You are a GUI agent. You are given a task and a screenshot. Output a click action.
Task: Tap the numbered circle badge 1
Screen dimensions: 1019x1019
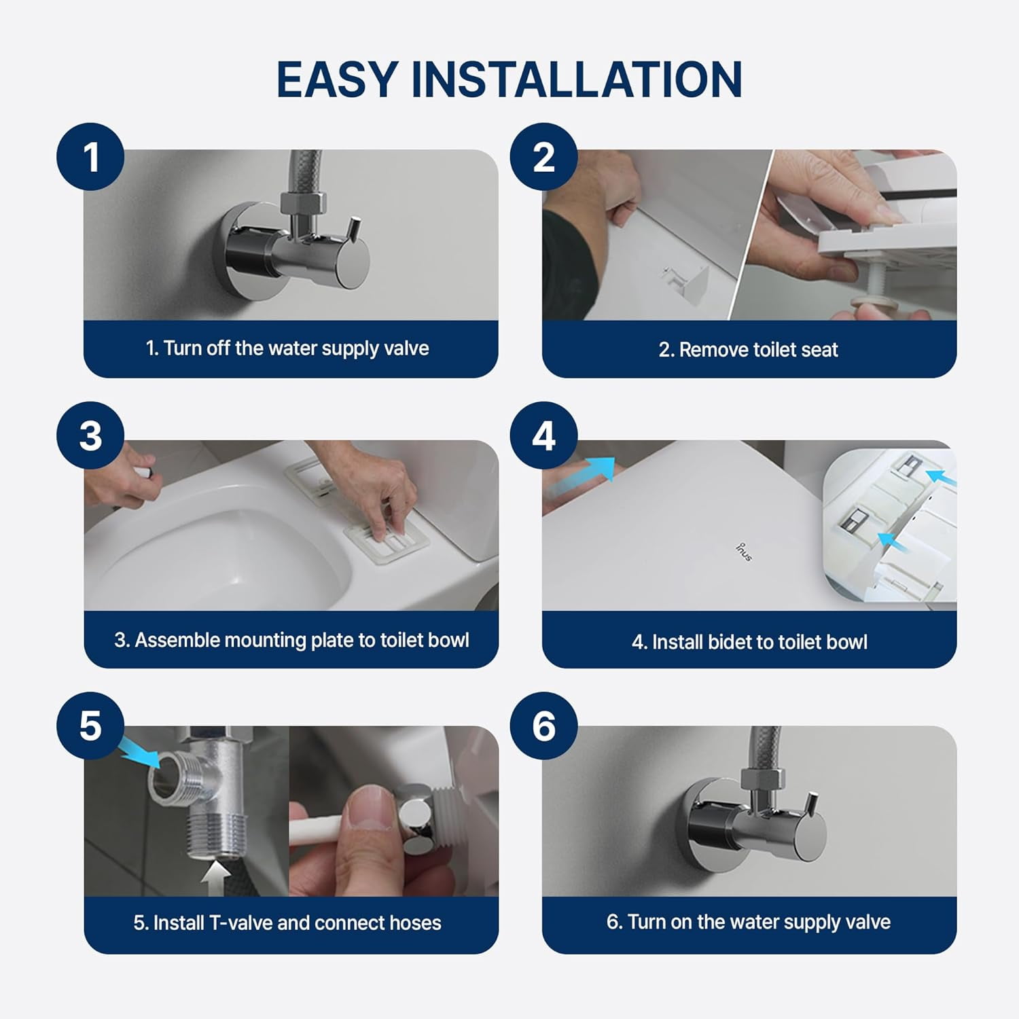[90, 157]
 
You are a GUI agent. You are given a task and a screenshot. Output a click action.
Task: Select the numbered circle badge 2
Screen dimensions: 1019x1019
[543, 157]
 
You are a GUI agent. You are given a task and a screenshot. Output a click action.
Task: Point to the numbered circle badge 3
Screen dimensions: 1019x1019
[90, 435]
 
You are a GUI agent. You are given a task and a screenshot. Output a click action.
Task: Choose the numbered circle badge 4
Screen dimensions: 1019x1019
[543, 435]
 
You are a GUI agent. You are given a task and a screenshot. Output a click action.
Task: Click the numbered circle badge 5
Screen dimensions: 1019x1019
[90, 726]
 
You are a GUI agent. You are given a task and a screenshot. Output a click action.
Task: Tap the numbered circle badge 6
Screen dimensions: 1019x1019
[543, 726]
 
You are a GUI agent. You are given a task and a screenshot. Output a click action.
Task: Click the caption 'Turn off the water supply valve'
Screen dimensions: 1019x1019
[287, 348]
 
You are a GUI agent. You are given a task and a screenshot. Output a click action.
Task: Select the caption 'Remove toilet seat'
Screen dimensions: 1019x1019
[748, 350]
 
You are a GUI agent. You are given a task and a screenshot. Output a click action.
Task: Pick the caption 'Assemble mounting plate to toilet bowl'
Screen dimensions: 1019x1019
[291, 640]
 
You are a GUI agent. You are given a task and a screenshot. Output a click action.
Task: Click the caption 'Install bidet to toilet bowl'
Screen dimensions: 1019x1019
[749, 642]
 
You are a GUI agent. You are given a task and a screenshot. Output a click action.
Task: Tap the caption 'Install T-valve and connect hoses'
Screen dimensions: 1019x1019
[287, 923]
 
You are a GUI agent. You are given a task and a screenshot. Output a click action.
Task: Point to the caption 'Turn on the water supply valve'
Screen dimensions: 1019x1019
[748, 922]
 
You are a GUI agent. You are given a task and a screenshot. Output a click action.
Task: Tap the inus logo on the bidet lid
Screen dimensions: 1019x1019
[744, 552]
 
